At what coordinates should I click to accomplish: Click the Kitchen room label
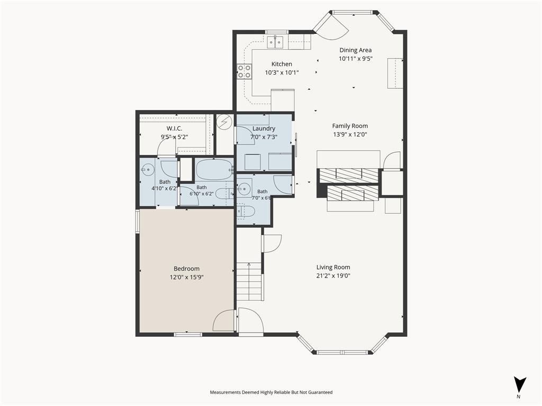click(x=282, y=64)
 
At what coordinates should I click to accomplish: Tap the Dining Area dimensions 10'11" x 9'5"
click(x=355, y=59)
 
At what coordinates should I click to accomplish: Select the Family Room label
click(x=350, y=126)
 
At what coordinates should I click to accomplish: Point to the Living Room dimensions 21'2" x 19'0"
click(x=333, y=276)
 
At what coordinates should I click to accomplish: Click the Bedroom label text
click(x=186, y=269)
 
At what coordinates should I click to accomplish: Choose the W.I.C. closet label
click(x=174, y=128)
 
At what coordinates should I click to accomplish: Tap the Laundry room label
click(x=264, y=128)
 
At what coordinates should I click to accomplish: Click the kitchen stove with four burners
click(x=244, y=71)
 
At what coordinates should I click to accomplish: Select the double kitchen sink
click(x=275, y=42)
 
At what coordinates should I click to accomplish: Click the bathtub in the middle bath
click(x=214, y=169)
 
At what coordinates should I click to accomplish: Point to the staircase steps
click(x=249, y=281)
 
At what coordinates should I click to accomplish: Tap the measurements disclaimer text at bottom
click(x=271, y=392)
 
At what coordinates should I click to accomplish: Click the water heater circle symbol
click(x=224, y=122)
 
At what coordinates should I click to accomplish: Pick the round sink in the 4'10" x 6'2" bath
click(x=148, y=169)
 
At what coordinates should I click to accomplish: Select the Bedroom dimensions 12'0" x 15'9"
click(x=186, y=277)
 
